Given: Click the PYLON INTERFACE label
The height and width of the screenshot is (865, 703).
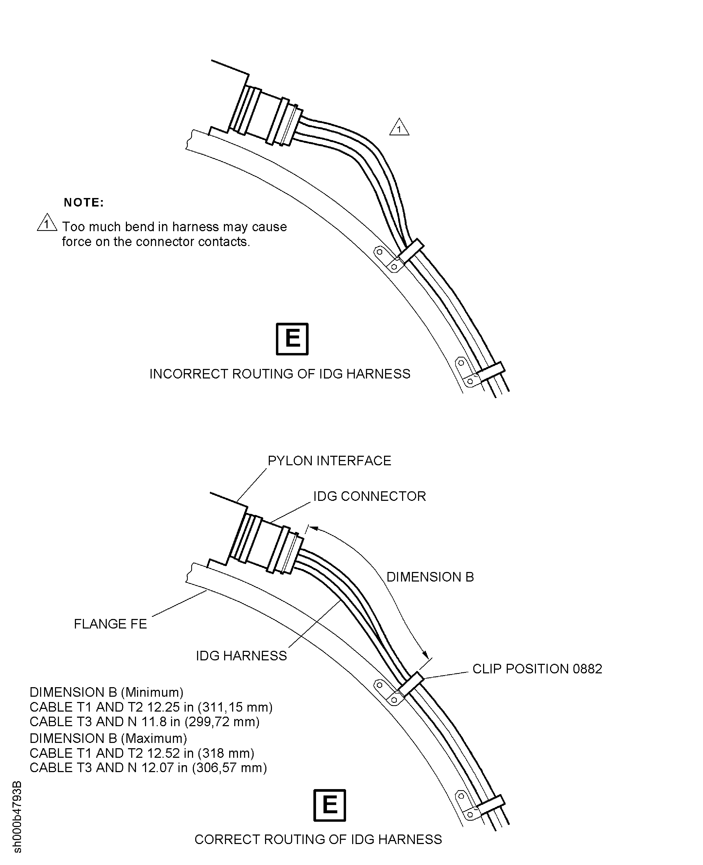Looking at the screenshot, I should tap(329, 461).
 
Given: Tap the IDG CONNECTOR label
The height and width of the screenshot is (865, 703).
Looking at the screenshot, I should tap(369, 496).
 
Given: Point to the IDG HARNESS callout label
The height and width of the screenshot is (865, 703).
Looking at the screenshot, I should tap(241, 656).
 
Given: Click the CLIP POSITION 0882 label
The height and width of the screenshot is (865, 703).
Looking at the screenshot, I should tap(537, 669).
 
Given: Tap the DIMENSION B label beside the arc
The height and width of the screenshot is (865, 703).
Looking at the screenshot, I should tap(430, 577).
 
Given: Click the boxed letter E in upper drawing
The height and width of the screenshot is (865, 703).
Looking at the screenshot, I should tap(292, 339).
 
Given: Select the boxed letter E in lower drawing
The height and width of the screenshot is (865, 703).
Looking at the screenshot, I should tap(330, 805).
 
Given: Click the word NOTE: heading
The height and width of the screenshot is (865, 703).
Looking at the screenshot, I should tap(84, 203).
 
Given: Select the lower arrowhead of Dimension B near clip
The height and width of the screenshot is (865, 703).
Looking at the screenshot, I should tap(425, 655).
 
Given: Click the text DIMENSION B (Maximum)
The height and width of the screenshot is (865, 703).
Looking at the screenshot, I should tap(108, 738).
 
